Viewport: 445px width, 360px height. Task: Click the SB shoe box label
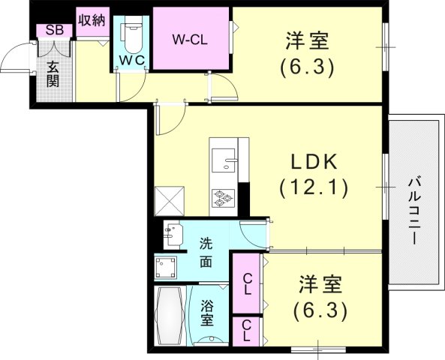click(x=54, y=30)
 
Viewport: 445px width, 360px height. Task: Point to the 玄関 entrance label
click(x=53, y=73)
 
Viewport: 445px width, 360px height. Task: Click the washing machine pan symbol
click(x=167, y=267)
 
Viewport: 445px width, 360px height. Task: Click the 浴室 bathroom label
click(x=206, y=313)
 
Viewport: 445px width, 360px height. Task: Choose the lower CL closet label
click(x=245, y=330)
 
